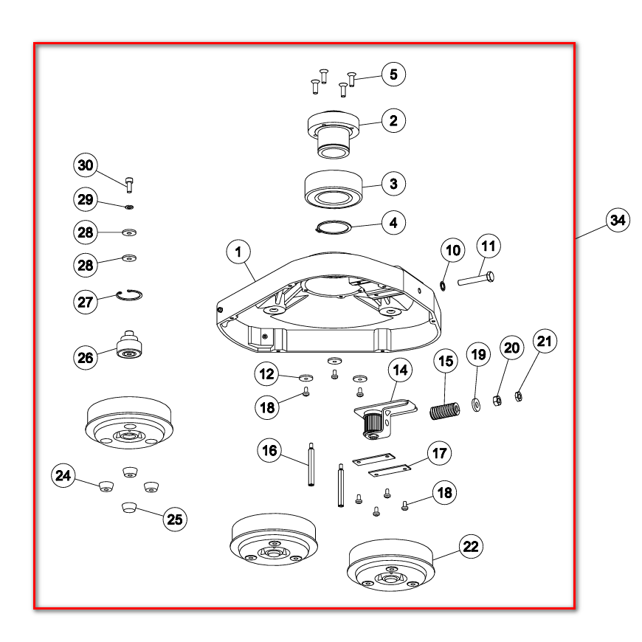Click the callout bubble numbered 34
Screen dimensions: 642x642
pos(618,220)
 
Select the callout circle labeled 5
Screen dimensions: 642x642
pos(393,74)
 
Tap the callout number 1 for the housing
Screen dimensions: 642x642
pos(238,252)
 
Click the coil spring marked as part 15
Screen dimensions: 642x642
pos(445,411)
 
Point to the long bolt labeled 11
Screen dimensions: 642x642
pos(476,278)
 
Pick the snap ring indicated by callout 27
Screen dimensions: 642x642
pos(129,294)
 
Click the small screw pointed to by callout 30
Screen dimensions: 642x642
pos(129,184)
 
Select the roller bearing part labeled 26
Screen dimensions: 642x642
pos(129,344)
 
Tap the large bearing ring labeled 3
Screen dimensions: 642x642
pos(334,189)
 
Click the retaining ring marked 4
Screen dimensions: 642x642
pos(334,227)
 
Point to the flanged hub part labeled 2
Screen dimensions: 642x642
pos(334,134)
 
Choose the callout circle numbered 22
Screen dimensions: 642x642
pos(471,546)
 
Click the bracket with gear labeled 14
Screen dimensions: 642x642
pos(385,418)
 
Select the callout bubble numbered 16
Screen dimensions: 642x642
pos(269,450)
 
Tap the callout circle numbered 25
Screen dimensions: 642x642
pos(175,520)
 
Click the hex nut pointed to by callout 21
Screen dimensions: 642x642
pos(518,396)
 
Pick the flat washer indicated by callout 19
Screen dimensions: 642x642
pos(476,405)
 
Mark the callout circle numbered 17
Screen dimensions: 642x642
pos(439,453)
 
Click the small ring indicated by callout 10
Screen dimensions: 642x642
pos(443,286)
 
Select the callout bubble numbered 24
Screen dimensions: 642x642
pos(63,475)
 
